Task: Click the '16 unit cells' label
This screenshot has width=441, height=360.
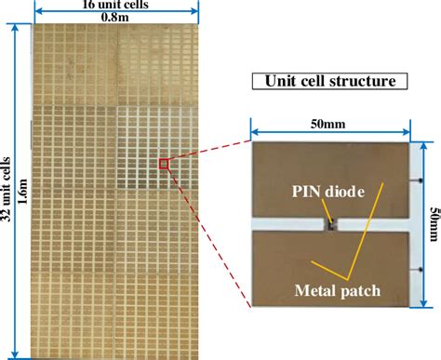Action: (116, 6)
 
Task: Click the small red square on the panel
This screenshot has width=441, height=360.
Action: (165, 165)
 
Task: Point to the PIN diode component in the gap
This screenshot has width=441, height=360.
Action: (330, 223)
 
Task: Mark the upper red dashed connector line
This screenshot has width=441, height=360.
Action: (209, 152)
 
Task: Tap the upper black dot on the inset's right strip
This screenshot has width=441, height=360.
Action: (410, 173)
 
